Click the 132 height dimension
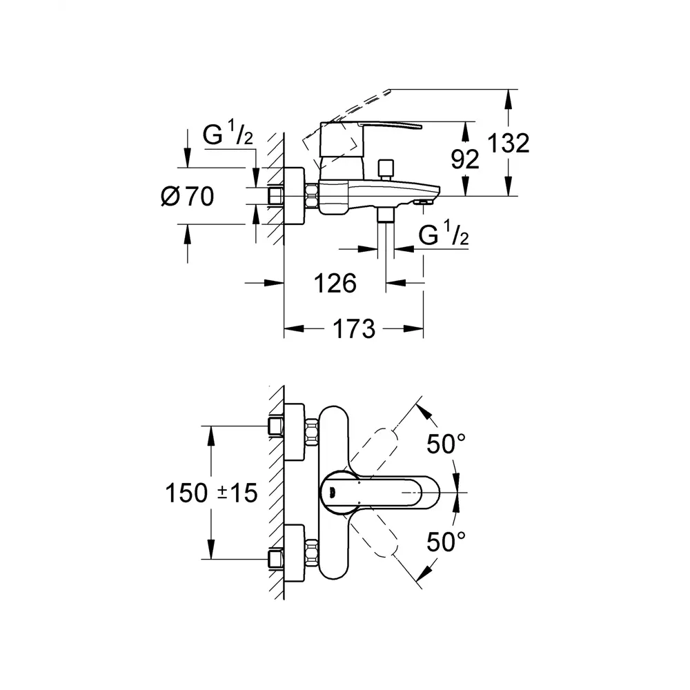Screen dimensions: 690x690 pyautogui.click(x=509, y=144)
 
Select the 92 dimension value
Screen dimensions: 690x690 pyautogui.click(x=464, y=160)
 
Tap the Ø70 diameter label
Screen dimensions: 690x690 pyautogui.click(x=186, y=197)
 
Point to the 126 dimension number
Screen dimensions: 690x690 pyautogui.click(x=335, y=283)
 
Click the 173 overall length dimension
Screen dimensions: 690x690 pyautogui.click(x=353, y=329)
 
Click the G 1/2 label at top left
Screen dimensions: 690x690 pyautogui.click(x=228, y=136)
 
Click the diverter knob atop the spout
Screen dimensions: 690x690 pyautogui.click(x=384, y=168)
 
